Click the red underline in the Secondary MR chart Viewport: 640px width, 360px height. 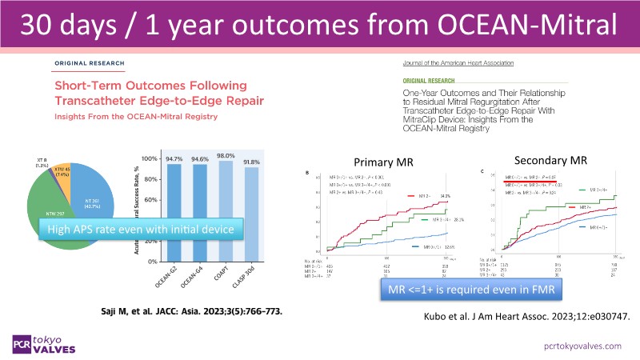518,181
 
